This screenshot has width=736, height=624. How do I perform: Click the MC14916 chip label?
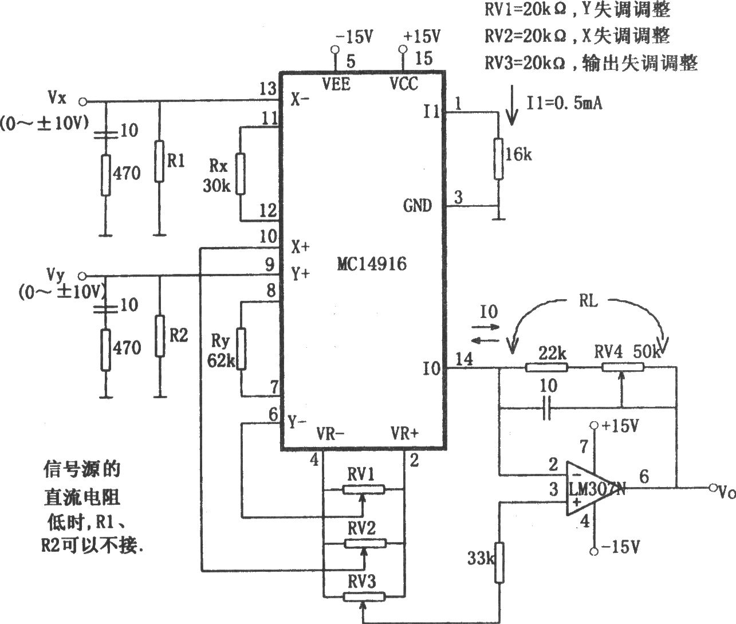pos(372,264)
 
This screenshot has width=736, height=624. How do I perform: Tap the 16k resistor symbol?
pos(498,158)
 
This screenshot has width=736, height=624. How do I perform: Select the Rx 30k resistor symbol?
pos(241,174)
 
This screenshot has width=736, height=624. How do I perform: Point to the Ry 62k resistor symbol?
pos(241,349)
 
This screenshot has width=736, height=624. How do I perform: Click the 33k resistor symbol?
pos(499,562)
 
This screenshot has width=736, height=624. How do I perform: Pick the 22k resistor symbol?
pos(546,367)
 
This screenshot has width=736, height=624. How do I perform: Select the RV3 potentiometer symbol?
pos(364,596)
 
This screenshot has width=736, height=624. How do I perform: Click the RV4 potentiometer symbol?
pos(623,367)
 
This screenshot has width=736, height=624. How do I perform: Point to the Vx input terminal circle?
pos(82,102)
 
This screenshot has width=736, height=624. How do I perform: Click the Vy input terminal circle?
pos(82,276)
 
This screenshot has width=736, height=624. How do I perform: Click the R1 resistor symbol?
pos(159,161)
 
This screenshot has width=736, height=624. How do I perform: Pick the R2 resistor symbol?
pos(160,336)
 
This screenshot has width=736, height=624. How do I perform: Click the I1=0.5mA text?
pos(564,103)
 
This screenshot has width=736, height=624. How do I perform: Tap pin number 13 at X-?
pos(267,88)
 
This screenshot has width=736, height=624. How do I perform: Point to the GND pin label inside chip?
pos(418,206)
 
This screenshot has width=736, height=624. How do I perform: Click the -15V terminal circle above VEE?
pos(334,49)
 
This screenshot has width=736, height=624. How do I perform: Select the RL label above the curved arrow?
pos(588,301)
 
